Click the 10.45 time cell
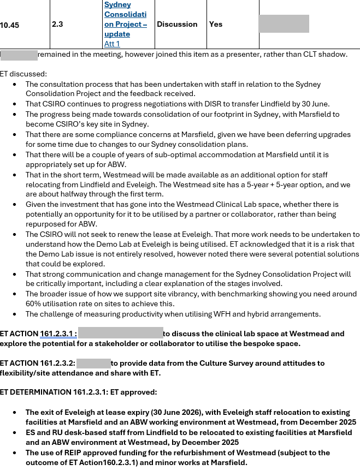[x=9, y=25]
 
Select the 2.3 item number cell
[x=57, y=25]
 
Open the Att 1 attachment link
[x=112, y=44]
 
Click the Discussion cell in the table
[x=177, y=25]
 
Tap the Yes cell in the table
[x=216, y=25]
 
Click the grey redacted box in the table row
[x=284, y=24]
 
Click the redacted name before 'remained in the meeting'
[x=19, y=55]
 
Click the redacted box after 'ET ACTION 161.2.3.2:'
[x=93, y=363]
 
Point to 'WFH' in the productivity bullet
[x=227, y=314]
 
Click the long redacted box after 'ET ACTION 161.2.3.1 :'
[x=121, y=334]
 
